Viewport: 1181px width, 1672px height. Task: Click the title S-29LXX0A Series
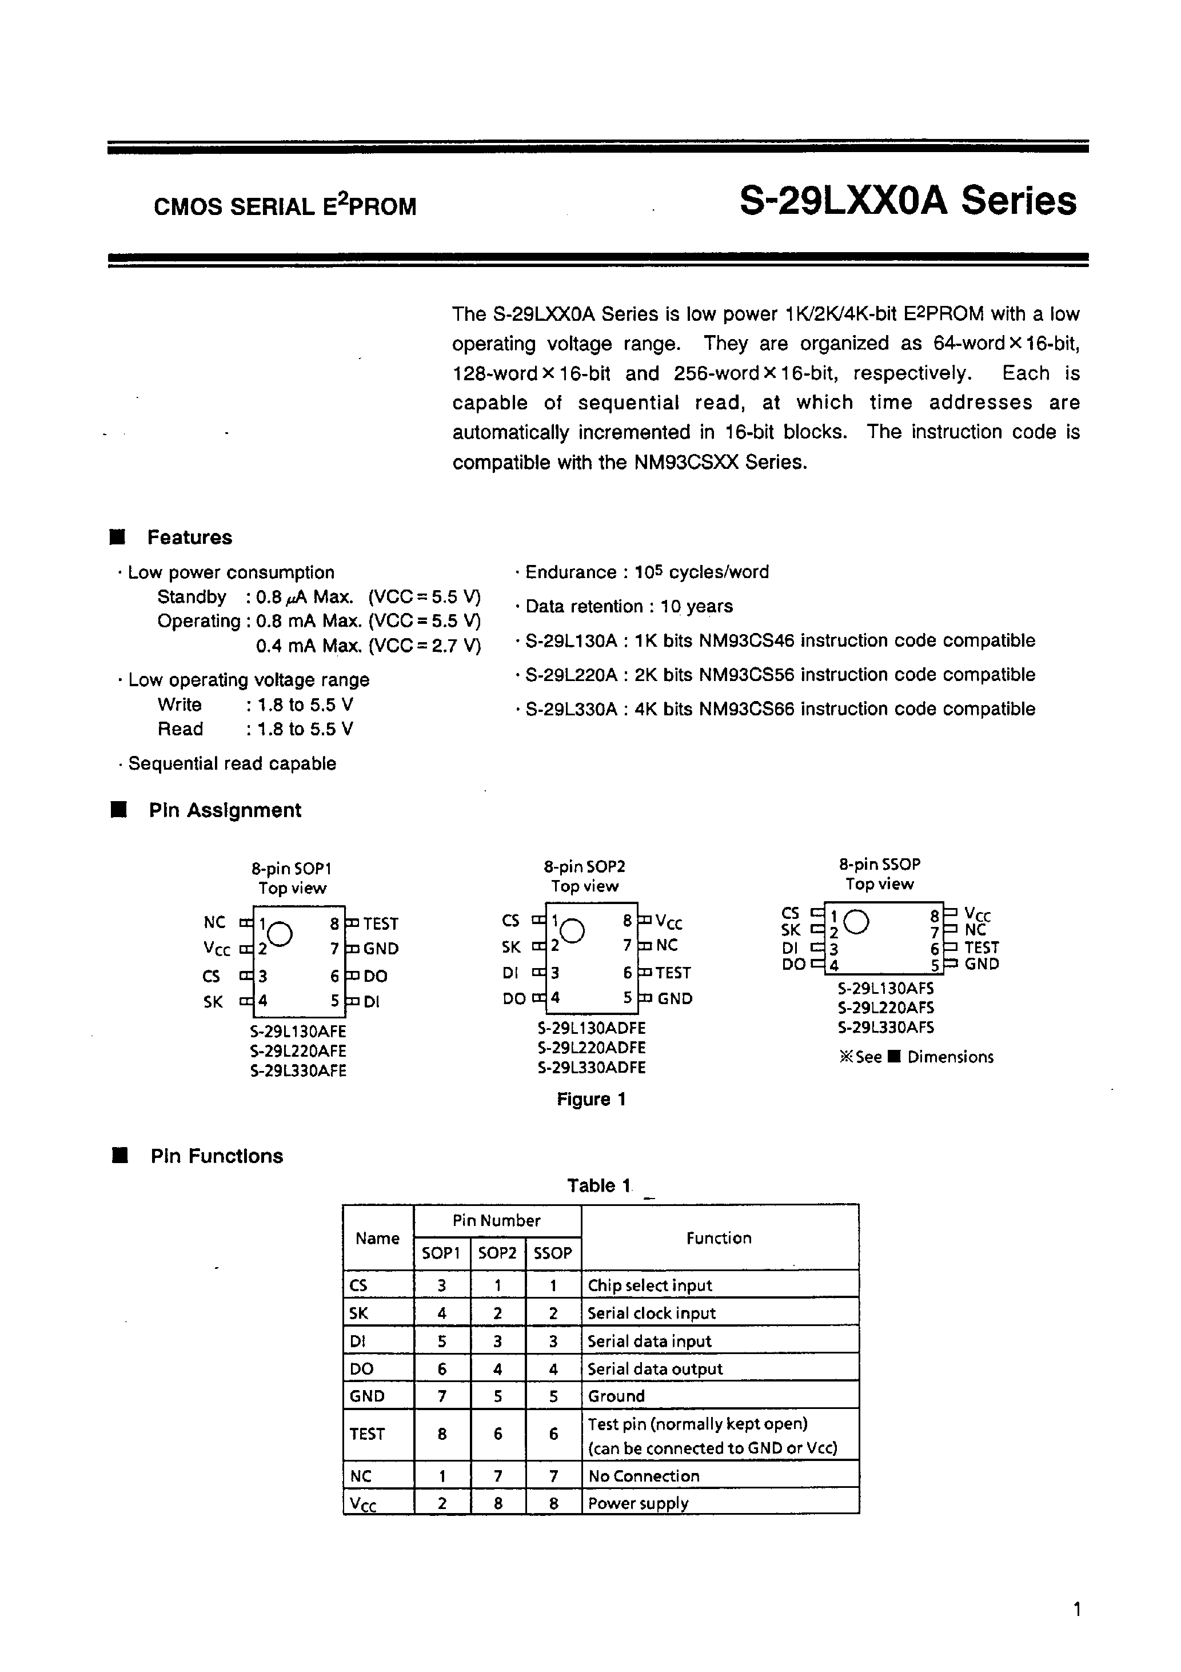tap(907, 202)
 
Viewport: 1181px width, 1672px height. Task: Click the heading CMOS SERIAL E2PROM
tap(285, 207)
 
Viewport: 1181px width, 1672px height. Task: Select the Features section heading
tap(189, 538)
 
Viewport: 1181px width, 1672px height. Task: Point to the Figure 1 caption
tap(590, 1100)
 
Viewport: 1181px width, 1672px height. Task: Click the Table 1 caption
tap(599, 1185)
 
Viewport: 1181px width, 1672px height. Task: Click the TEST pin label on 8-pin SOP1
tap(380, 924)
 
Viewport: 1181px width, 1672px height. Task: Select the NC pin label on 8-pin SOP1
tap(215, 923)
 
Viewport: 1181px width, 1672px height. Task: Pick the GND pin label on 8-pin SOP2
tap(674, 999)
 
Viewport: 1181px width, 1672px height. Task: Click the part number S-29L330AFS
tap(885, 1028)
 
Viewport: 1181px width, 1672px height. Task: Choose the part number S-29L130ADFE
tap(591, 1028)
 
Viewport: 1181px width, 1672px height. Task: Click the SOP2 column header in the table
tap(497, 1253)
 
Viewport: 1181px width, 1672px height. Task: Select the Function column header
tap(719, 1238)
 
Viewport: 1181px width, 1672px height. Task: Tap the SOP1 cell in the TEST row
tap(442, 1434)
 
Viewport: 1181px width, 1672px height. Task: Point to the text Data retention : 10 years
tap(628, 607)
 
